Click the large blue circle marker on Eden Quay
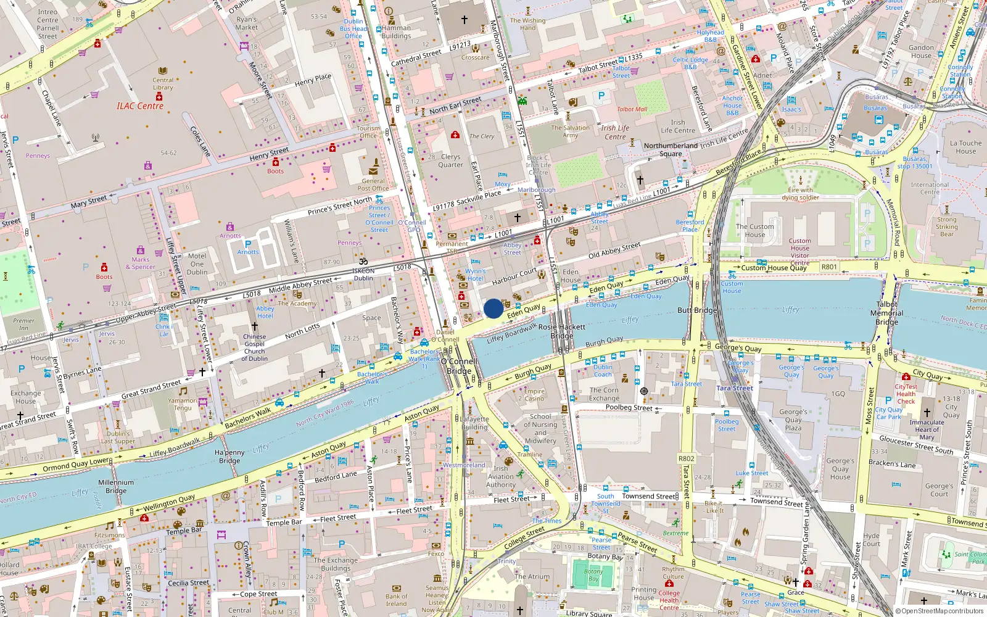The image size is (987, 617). click(493, 308)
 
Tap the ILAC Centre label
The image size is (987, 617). click(140, 106)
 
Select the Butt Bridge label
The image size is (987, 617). click(696, 310)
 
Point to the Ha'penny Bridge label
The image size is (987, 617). click(229, 457)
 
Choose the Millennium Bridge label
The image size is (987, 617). click(116, 486)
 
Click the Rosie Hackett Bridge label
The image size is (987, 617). click(561, 331)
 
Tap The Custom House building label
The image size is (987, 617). click(754, 230)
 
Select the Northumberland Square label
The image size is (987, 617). click(671, 150)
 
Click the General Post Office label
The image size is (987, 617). click(373, 184)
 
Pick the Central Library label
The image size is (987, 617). click(163, 83)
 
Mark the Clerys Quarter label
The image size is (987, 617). click(450, 160)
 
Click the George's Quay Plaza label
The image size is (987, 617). click(793, 420)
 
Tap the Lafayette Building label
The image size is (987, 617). click(474, 423)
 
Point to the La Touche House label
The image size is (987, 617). click(965, 147)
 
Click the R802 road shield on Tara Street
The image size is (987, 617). click(686, 458)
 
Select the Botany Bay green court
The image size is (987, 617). click(593, 575)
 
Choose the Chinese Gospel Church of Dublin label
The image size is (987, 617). click(254, 347)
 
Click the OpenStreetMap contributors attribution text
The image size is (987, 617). click(940, 611)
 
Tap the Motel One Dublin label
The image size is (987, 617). click(197, 263)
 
